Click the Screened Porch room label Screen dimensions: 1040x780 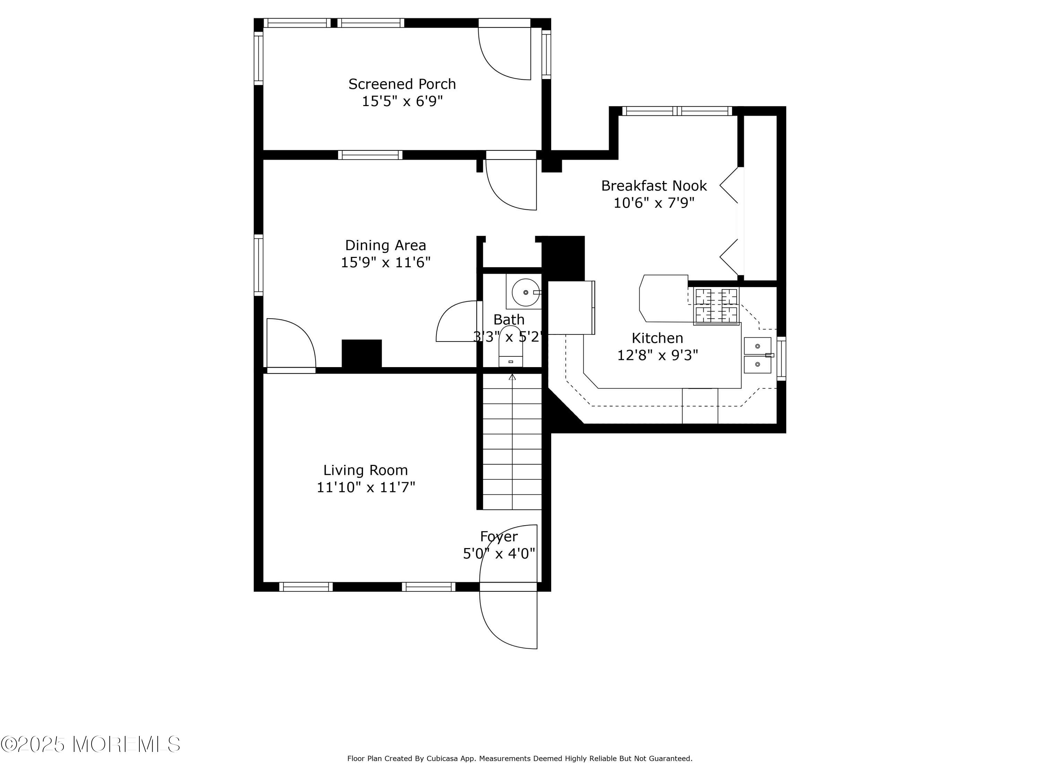(x=402, y=84)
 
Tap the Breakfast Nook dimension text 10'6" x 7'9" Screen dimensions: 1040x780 (x=654, y=203)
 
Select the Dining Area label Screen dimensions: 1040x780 (x=385, y=245)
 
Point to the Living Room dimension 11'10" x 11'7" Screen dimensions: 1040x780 (x=366, y=487)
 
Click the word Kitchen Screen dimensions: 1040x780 (x=657, y=338)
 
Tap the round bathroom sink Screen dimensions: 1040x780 (x=526, y=293)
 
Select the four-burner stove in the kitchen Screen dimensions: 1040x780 (x=716, y=306)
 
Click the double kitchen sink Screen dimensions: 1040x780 (x=757, y=355)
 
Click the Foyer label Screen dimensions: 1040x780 (x=499, y=536)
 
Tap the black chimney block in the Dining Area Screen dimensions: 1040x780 (x=362, y=354)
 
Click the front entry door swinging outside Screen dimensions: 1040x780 (x=508, y=620)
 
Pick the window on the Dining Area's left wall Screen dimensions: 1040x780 (x=259, y=265)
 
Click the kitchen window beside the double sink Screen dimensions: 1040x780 (x=781, y=358)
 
